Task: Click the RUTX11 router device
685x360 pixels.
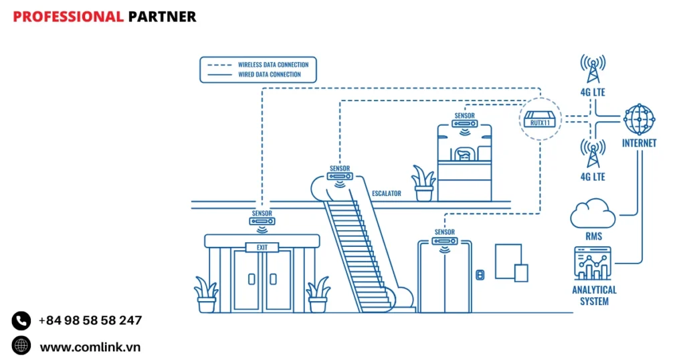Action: tap(539, 120)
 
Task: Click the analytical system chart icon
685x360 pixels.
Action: tap(593, 263)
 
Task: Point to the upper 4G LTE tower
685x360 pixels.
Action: tap(593, 69)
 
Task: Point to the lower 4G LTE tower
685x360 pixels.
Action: tap(592, 153)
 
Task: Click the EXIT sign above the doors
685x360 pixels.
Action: tap(262, 248)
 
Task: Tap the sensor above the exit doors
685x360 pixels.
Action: tap(262, 221)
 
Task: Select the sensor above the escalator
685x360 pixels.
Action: tap(340, 175)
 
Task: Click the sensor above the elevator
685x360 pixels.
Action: tap(445, 240)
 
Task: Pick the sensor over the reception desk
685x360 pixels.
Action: tap(464, 123)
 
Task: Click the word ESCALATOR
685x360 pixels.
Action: tap(386, 193)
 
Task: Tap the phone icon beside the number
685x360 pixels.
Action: tap(21, 321)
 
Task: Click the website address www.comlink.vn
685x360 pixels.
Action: tap(90, 347)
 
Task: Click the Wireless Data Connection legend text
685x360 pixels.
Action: tap(273, 65)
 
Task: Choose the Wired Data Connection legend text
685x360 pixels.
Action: tap(269, 74)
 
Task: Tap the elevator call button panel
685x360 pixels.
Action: tap(479, 274)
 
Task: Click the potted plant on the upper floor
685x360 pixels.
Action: tap(423, 183)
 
